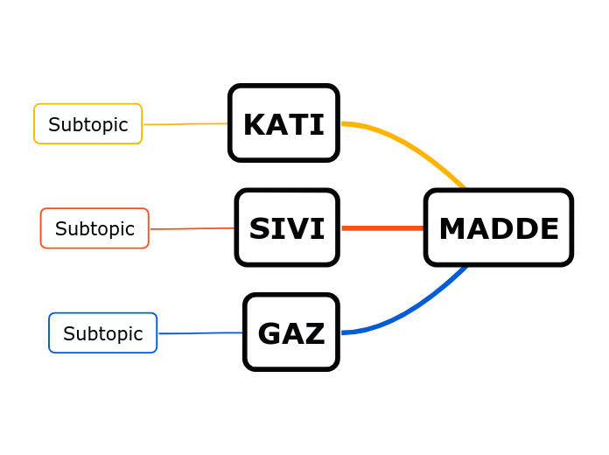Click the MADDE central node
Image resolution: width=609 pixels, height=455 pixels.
[x=498, y=227]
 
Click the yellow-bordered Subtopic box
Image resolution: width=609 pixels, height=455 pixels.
[x=87, y=124]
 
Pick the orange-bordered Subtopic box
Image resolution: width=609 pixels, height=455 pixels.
[x=94, y=228]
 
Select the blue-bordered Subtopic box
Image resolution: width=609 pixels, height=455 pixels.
[x=102, y=333]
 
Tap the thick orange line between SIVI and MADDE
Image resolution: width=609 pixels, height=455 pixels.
[x=382, y=228]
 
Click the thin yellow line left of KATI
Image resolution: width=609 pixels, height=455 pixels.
[x=185, y=124]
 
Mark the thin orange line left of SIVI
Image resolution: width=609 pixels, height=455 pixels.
[x=192, y=228]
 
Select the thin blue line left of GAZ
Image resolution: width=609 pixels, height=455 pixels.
[x=200, y=332]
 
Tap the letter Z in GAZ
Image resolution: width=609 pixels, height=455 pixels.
[x=315, y=333]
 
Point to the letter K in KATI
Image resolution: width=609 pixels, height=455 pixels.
[x=255, y=125]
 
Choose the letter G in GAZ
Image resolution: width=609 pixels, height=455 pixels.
[x=269, y=333]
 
